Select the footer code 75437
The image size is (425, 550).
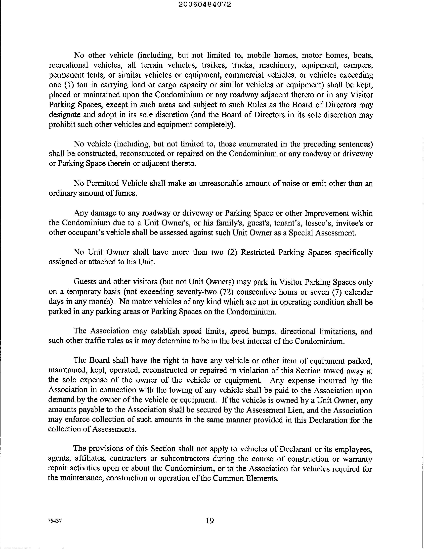click(55, 521)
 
